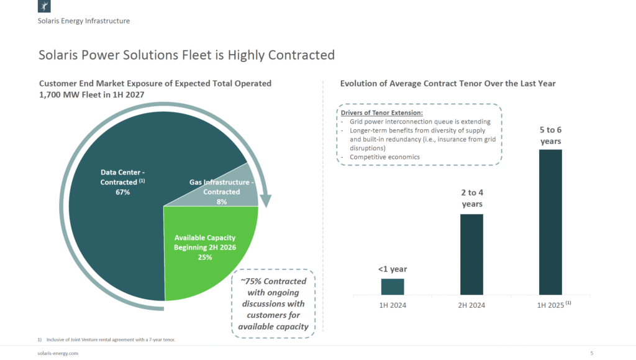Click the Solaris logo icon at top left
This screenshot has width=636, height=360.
[x=45, y=7]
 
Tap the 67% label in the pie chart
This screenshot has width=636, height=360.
[x=122, y=192]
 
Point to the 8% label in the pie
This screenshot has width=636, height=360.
[x=222, y=202]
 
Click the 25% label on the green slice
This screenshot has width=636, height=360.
[x=205, y=257]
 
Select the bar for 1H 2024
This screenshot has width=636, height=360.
[x=393, y=287]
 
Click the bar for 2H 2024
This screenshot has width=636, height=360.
[x=471, y=254]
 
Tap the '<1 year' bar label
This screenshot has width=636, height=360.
[x=393, y=269]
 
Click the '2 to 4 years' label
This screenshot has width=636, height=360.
[x=471, y=199]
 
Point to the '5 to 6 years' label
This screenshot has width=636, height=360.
[x=550, y=135]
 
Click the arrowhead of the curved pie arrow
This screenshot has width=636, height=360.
[x=266, y=202]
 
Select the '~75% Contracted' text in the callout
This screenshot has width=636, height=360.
[x=273, y=281]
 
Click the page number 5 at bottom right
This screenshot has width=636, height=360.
[x=591, y=353]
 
